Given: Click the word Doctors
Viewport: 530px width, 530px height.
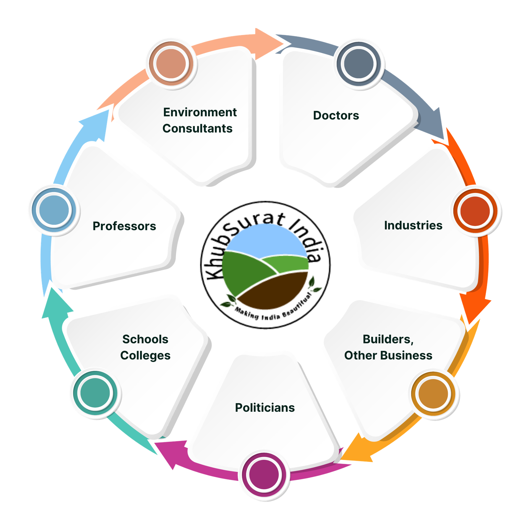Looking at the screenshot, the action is point(336,115).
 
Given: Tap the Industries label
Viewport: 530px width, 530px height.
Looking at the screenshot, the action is point(413,225).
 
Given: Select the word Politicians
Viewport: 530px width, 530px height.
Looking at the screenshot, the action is point(265,407).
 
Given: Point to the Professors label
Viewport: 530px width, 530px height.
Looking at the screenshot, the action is point(124,226).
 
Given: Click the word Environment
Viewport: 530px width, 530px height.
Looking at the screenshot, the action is point(200,112).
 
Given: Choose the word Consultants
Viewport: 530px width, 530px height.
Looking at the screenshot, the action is point(197,129).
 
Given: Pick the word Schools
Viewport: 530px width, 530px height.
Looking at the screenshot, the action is point(145,339).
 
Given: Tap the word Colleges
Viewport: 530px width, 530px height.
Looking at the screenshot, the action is point(145,355).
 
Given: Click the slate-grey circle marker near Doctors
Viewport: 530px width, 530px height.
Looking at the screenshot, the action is point(359,63).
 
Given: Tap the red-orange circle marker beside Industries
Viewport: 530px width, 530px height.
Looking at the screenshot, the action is point(475,211).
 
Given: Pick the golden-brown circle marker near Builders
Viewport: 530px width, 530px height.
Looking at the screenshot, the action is point(433,394).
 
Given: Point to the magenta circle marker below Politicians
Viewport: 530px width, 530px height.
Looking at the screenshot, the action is point(264,475).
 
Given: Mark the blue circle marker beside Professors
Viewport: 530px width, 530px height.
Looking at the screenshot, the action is point(54,210).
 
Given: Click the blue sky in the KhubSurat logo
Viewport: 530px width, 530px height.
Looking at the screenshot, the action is point(265,243).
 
